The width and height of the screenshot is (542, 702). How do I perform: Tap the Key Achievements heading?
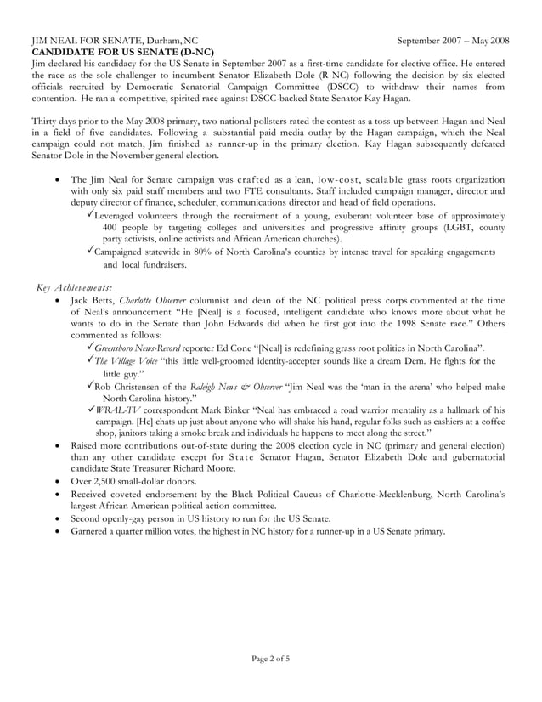click(x=75, y=287)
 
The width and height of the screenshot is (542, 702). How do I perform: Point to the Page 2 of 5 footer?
click(x=270, y=657)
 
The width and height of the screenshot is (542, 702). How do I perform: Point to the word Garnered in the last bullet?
click(x=93, y=532)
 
